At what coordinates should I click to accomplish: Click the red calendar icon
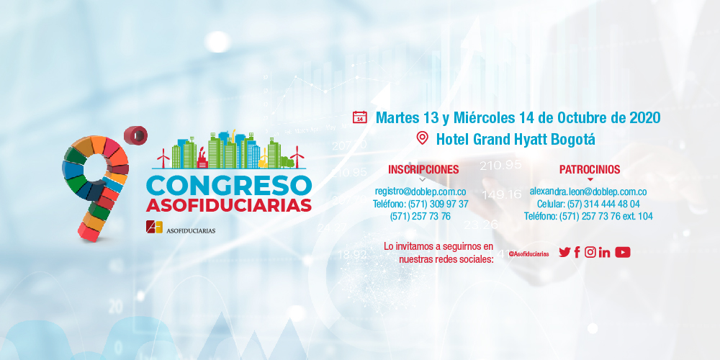[359, 117]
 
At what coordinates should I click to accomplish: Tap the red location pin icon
[423, 138]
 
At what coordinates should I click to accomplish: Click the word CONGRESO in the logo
[229, 186]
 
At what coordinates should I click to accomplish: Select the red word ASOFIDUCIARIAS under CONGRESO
[229, 205]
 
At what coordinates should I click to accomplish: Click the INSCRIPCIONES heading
[423, 169]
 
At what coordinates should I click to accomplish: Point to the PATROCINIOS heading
[590, 169]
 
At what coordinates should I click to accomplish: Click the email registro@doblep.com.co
[420, 191]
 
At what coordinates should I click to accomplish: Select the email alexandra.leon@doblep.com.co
[588, 191]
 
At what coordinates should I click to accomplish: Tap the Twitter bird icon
[564, 252]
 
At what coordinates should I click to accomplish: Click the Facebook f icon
[577, 252]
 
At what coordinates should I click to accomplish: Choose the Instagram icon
[590, 252]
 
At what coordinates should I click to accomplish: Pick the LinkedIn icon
[604, 252]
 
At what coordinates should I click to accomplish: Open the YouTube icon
[623, 252]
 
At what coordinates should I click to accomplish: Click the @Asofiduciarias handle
[528, 254]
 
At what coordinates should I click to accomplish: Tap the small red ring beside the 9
[135, 135]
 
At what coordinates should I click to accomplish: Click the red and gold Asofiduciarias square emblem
[154, 227]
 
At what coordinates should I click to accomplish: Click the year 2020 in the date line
[644, 117]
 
